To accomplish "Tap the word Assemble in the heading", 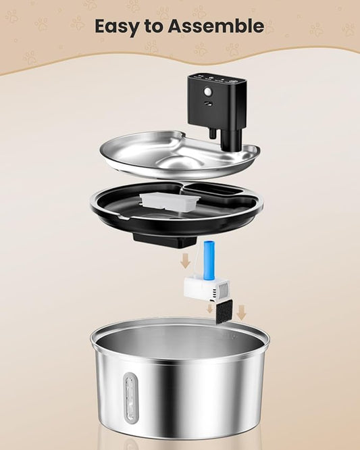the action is [215, 26].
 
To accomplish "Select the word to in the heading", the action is [154, 26].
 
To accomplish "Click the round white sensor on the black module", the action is [207, 92].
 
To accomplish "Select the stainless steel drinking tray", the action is [180, 155].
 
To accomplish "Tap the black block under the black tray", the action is [165, 241].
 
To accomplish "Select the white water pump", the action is [207, 289].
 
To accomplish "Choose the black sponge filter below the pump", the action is [224, 311].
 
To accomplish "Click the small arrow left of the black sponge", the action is [209, 309].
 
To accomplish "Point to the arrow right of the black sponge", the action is [242, 313].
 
